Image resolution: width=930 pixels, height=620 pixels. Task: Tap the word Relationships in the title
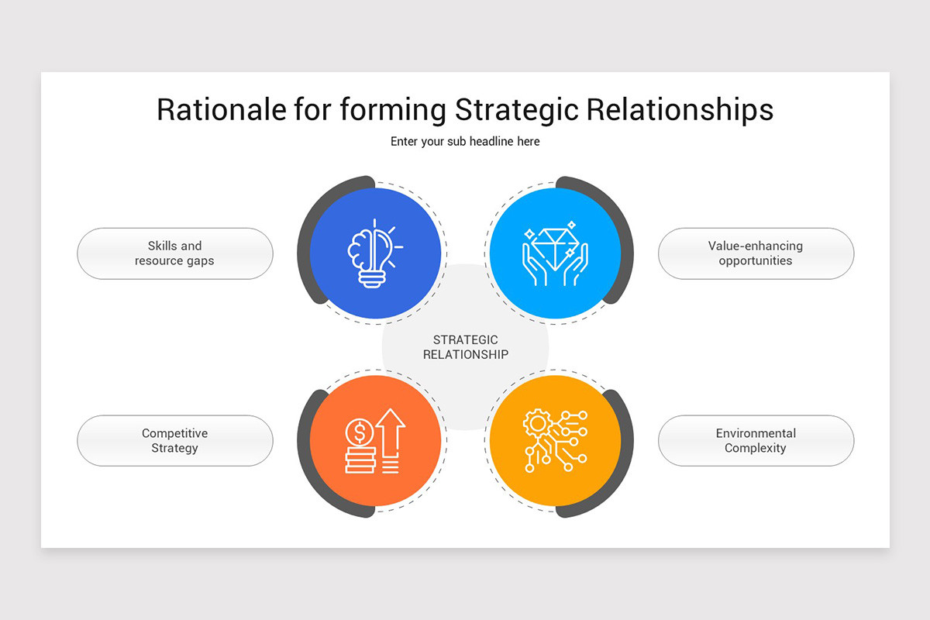tap(680, 110)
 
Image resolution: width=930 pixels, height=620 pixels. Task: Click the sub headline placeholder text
tap(465, 142)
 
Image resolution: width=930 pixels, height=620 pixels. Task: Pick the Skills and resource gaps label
tap(174, 253)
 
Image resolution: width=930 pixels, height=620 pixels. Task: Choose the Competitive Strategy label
tap(174, 441)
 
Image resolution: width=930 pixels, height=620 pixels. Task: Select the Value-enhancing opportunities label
tap(755, 253)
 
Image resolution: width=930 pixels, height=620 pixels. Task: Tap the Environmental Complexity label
tap(755, 441)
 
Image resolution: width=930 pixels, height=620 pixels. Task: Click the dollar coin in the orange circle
tap(359, 430)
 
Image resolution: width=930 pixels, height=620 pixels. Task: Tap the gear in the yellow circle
tap(536, 423)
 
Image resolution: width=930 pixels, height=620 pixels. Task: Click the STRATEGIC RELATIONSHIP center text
tap(465, 347)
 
